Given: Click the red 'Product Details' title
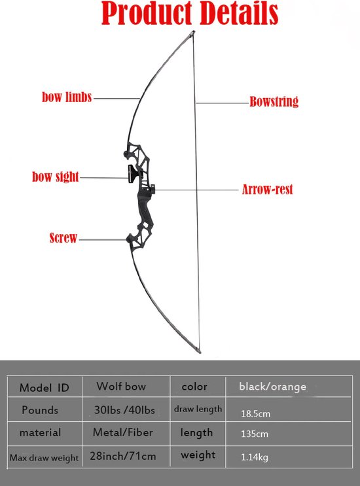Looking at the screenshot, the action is click(190, 13).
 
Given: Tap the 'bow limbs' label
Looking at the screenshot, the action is click(67, 97).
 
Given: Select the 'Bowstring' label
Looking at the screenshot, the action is click(274, 101).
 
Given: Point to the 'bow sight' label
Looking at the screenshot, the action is click(56, 177).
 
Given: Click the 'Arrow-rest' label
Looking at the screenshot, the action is click(267, 190).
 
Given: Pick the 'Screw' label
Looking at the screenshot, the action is click(63, 237).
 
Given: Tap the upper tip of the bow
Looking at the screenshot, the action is click(194, 31).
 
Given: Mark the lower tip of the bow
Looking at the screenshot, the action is click(200, 351).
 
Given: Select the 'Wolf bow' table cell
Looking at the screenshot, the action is click(121, 386).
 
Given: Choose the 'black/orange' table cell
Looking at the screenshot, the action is click(272, 387).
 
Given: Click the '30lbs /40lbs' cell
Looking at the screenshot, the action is click(124, 410).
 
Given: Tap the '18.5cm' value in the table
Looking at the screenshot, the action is click(255, 413).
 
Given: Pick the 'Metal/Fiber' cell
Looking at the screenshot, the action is click(123, 432).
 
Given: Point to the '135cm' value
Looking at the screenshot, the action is click(255, 434).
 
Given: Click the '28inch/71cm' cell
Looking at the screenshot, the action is click(123, 456).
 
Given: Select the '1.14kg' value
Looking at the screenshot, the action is click(255, 457).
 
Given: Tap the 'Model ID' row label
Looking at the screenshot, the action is click(44, 388).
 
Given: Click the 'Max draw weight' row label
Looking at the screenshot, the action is click(44, 457).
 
